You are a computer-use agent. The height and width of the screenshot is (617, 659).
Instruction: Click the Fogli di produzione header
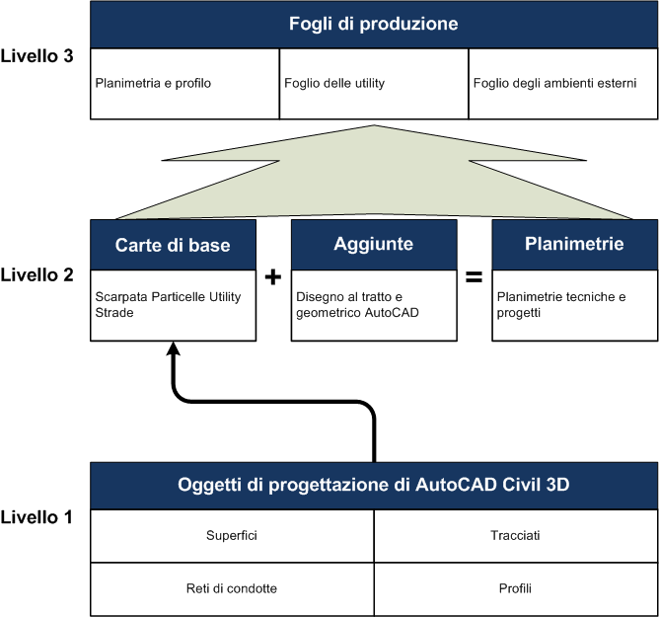(x=374, y=24)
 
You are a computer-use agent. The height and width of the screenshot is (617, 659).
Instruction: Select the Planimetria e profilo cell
(x=184, y=84)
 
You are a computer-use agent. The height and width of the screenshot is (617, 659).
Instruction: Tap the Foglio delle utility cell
(x=374, y=84)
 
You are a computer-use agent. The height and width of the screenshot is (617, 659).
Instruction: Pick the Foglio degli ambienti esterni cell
(x=562, y=84)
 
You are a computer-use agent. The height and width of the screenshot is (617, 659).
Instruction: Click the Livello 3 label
(x=37, y=56)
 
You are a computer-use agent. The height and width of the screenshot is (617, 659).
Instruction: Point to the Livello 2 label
(x=37, y=275)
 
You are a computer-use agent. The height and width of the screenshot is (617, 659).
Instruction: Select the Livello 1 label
(x=37, y=516)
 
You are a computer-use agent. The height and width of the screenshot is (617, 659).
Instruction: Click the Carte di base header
(x=174, y=245)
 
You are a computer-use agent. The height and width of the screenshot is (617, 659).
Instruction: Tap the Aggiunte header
(x=374, y=245)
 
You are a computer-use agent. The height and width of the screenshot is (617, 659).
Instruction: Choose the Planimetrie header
(x=574, y=245)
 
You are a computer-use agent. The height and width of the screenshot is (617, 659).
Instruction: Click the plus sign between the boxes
(x=274, y=277)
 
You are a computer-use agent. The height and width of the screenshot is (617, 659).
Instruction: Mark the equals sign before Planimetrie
(x=474, y=277)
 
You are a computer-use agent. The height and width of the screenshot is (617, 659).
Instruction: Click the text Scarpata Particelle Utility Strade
(x=162, y=303)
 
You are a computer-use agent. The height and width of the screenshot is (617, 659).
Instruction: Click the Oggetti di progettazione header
(x=374, y=485)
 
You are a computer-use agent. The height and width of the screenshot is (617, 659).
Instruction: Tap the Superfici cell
(x=233, y=535)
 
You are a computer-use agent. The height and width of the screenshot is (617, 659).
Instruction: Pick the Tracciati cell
(x=515, y=535)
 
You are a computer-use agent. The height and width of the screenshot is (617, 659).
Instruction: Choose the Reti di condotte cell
(x=233, y=588)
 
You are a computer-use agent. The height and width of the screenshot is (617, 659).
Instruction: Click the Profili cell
(x=515, y=588)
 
